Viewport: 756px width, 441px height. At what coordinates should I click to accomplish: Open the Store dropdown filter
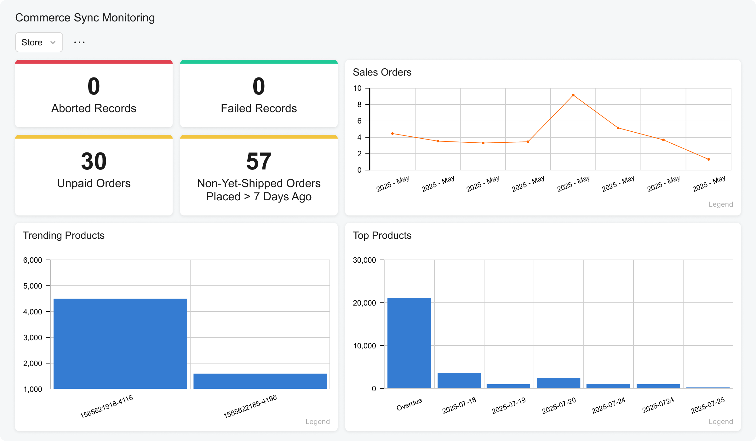(39, 42)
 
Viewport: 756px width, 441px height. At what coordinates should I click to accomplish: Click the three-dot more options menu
(79, 42)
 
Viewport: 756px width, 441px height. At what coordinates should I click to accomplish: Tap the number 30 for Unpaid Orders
(94, 161)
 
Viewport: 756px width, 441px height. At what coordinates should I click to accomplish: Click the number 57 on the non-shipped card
(259, 161)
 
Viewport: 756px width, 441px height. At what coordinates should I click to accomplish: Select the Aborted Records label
(94, 108)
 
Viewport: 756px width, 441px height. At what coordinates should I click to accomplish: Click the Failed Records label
(259, 108)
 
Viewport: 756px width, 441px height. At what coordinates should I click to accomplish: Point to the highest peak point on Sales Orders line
(573, 95)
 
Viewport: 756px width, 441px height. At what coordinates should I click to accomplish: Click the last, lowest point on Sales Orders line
(708, 159)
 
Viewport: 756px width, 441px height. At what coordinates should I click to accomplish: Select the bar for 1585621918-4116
(120, 343)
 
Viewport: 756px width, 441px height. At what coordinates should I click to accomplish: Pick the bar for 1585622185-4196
(260, 381)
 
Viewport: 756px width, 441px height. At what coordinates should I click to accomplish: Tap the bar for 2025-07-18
(459, 381)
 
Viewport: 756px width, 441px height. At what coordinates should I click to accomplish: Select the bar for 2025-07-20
(558, 383)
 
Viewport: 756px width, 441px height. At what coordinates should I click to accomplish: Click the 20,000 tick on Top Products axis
(364, 303)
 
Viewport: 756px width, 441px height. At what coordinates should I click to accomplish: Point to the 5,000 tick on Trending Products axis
(32, 286)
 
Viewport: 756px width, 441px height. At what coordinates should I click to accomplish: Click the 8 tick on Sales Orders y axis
(359, 105)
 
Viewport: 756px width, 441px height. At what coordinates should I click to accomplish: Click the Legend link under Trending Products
(317, 421)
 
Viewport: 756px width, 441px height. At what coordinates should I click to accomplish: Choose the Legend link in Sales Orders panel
(720, 204)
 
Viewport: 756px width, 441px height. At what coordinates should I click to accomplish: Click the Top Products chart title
(382, 235)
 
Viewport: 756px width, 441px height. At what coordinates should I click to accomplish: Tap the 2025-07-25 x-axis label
(707, 405)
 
